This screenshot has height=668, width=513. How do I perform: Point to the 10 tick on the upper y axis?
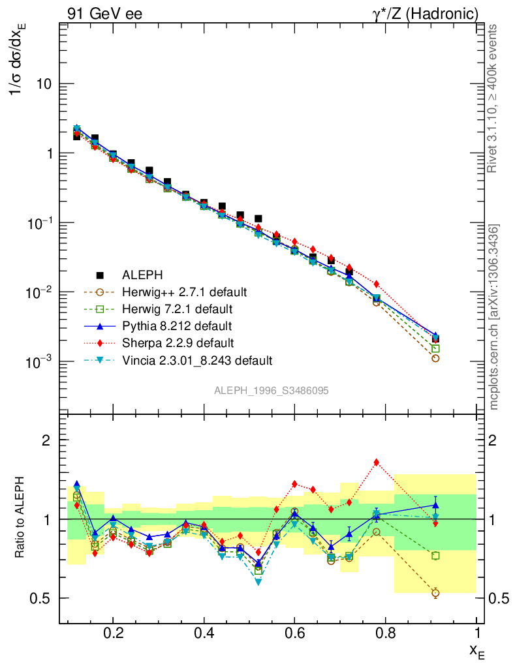point(44,85)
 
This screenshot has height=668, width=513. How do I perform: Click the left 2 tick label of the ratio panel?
point(46,440)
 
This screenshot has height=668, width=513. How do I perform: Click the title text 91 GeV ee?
point(104,14)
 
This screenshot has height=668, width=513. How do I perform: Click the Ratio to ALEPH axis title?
point(20,519)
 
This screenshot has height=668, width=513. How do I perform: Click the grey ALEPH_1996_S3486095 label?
point(271,391)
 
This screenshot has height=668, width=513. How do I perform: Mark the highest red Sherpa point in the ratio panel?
point(377,463)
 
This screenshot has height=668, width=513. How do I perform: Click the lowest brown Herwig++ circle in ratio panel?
point(435,593)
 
